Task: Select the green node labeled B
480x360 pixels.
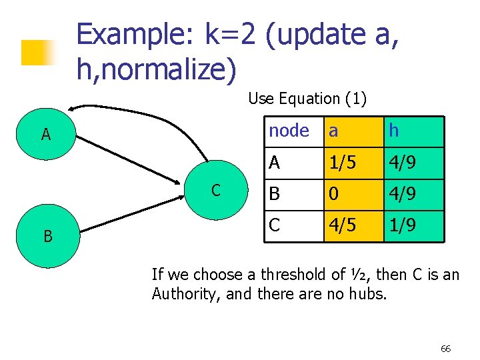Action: pyautogui.click(x=47, y=236)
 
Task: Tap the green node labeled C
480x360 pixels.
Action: pyautogui.click(x=215, y=189)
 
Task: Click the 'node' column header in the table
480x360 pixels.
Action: pyautogui.click(x=289, y=131)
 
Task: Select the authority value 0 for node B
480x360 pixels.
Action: pyautogui.click(x=333, y=195)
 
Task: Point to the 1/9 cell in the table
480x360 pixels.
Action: pyautogui.click(x=403, y=225)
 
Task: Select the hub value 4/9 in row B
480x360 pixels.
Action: pyautogui.click(x=403, y=195)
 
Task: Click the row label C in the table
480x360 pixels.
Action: pyautogui.click(x=275, y=225)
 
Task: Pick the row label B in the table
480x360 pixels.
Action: pyautogui.click(x=275, y=195)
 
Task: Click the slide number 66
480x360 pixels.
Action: pyautogui.click(x=446, y=349)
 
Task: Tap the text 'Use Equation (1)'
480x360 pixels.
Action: pyautogui.click(x=307, y=99)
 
